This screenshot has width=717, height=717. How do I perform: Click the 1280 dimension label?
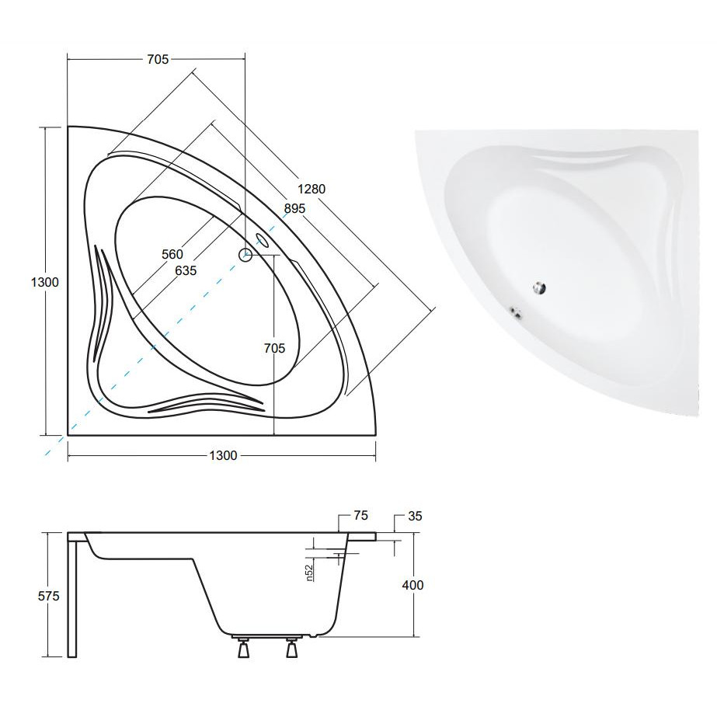[x=312, y=189]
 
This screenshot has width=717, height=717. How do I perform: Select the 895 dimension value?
[x=294, y=208]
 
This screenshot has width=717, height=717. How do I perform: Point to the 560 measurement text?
[x=172, y=254]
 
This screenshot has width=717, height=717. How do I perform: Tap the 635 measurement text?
[x=186, y=270]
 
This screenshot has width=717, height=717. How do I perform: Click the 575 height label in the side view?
[x=48, y=596]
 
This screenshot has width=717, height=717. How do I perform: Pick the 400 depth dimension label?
[x=412, y=585]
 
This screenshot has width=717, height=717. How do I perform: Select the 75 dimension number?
[x=360, y=515]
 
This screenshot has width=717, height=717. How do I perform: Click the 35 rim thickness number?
[x=415, y=516]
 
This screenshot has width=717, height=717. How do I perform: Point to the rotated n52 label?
[x=309, y=573]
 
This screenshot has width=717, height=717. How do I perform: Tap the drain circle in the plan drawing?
[x=245, y=255]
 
